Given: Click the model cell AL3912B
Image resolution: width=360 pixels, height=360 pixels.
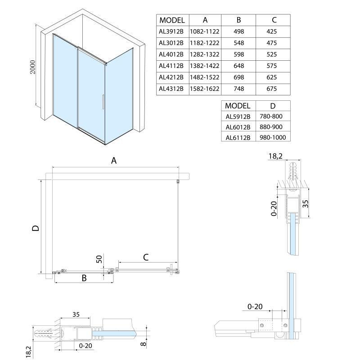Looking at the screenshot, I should coord(171,31).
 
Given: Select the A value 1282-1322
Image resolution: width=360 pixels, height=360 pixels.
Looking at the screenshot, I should coord(204,54).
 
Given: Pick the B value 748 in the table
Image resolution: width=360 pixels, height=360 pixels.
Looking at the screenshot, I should coord(238,89).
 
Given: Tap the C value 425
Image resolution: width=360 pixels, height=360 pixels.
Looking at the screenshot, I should coord(272,31).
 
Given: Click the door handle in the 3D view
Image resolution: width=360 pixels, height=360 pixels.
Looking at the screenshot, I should coord(103,102).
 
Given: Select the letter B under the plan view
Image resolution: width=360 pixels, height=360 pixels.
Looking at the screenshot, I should coord(84,279).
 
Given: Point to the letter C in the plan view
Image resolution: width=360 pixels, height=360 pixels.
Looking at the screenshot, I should coord(146,257).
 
